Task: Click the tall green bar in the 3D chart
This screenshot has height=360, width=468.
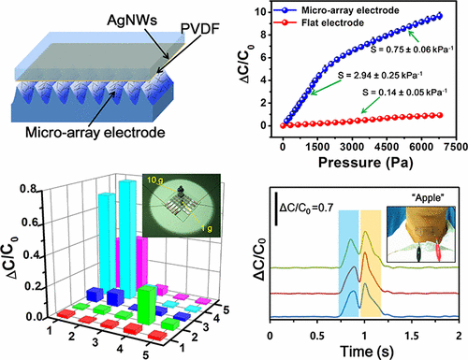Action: (146, 307)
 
